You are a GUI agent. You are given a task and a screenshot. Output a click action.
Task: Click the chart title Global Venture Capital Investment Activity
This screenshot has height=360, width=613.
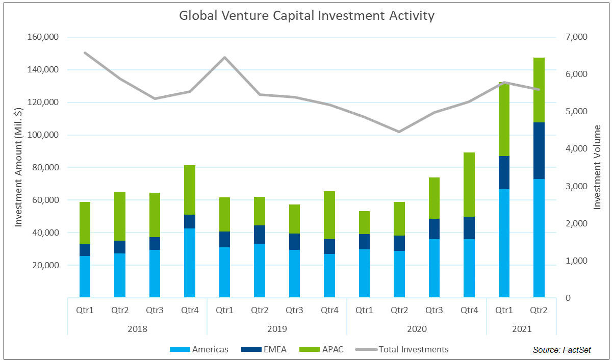(x=306, y=16)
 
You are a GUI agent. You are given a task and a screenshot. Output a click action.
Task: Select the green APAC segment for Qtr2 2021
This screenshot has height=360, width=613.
(x=539, y=90)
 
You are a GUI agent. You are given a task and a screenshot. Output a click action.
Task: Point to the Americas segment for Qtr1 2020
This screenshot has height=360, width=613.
(x=364, y=273)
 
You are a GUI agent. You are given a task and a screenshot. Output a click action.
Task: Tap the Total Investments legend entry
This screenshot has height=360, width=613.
(x=403, y=349)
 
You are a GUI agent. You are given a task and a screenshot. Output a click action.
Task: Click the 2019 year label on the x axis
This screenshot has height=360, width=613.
(x=277, y=329)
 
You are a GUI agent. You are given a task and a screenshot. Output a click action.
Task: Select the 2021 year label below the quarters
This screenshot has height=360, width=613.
(x=521, y=329)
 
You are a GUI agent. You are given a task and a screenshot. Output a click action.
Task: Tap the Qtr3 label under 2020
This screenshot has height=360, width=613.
(x=434, y=310)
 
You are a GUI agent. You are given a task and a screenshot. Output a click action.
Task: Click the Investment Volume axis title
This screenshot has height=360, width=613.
(x=598, y=167)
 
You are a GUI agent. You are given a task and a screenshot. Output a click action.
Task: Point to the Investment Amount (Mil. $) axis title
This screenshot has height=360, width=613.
(x=18, y=167)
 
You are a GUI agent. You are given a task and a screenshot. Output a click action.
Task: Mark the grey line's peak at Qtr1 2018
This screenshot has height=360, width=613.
(x=85, y=53)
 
